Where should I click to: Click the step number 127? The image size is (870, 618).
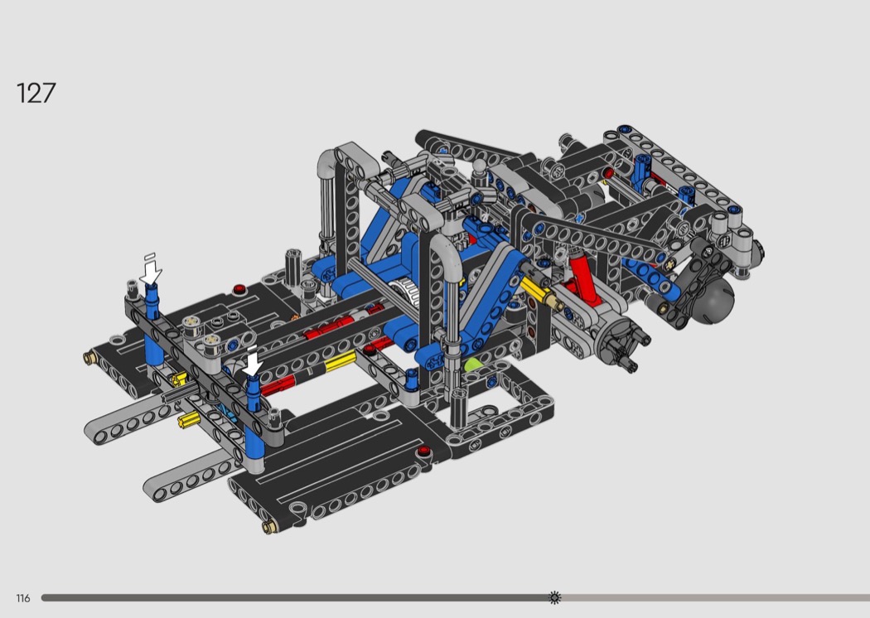click(36, 94)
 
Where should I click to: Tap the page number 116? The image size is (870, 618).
click(22, 598)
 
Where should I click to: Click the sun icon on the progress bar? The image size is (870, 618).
click(554, 597)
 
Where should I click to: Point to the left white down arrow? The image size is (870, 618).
click(150, 271)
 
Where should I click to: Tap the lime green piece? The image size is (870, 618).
click(472, 365)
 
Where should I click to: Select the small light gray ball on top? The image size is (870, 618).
click(480, 167)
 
